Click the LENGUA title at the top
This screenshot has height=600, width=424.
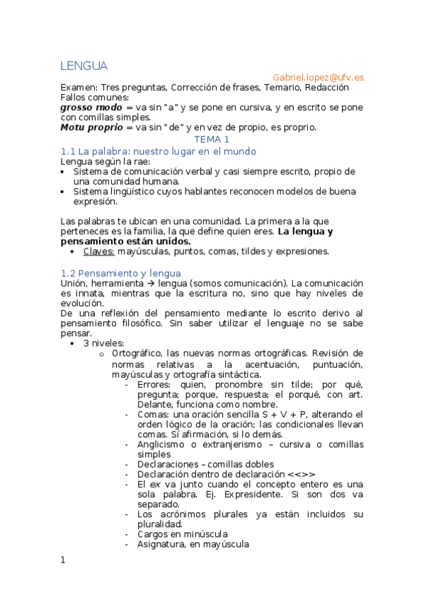coord(84,67)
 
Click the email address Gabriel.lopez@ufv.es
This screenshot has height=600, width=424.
coord(319,77)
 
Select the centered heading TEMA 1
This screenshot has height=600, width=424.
coord(212,139)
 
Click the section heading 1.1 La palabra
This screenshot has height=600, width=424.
coord(158,151)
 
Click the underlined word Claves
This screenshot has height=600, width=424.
coord(98,251)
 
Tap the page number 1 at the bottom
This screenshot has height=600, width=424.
coord(63,560)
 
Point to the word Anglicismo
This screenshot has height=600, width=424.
coord(165,444)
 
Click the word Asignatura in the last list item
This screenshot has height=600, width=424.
coord(162,544)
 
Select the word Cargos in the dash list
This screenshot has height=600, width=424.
coord(154,534)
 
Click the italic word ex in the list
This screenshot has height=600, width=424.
coord(151,484)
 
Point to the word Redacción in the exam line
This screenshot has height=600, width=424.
coord(326,88)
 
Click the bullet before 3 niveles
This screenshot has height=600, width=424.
coord(74,343)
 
